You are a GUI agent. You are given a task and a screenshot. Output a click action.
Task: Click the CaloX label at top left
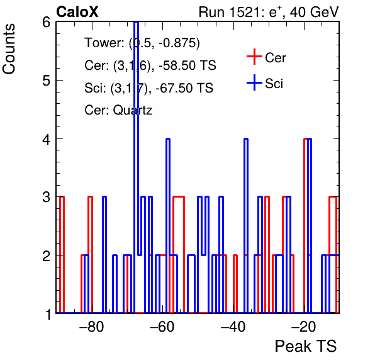[x=77, y=12]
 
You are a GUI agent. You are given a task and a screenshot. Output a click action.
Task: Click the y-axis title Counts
[x=9, y=49]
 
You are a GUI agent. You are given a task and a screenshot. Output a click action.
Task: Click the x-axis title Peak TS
[x=306, y=346]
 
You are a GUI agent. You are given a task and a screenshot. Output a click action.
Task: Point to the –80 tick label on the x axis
[x=92, y=326]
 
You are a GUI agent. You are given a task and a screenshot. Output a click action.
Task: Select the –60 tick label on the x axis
[x=162, y=326]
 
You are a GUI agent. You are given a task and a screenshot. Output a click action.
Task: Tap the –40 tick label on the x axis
[x=233, y=326]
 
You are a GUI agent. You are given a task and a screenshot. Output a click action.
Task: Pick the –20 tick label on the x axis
[x=304, y=326]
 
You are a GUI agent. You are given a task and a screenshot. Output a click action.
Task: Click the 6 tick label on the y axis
[x=47, y=23]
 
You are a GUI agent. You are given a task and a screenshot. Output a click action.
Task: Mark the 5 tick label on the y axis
[x=47, y=81]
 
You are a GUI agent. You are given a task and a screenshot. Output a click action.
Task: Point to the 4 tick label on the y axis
[x=47, y=139]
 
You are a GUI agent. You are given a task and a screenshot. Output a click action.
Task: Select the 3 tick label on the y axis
[x=47, y=198]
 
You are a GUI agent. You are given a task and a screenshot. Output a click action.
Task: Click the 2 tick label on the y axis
[x=47, y=256]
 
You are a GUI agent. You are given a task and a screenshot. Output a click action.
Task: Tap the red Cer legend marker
[x=254, y=57]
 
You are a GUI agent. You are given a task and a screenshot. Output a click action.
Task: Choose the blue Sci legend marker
[x=254, y=83]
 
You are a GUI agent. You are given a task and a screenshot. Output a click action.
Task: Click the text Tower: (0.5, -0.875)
[x=142, y=43]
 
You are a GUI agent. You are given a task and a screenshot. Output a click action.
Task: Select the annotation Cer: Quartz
[x=118, y=110]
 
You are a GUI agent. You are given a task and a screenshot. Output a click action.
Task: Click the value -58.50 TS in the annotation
[x=187, y=65]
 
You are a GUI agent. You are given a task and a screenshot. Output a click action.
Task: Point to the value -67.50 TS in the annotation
[x=184, y=87]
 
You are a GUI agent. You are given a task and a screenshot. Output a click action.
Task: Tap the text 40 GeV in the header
[x=314, y=12]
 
